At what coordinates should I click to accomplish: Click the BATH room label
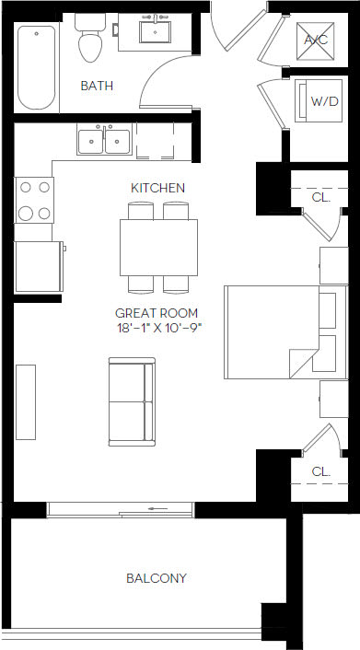click(97, 86)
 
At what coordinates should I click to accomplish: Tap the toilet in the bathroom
click(91, 42)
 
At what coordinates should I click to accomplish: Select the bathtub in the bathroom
click(37, 67)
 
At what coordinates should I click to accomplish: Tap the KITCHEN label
click(157, 188)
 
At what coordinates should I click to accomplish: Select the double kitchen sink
click(104, 141)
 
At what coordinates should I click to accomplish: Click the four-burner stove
click(34, 200)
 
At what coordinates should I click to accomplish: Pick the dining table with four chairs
click(157, 247)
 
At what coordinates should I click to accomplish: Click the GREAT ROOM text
click(157, 313)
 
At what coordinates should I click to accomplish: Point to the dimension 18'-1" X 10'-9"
click(158, 328)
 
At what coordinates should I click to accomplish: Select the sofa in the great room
click(131, 402)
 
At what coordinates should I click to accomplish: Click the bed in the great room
click(276, 332)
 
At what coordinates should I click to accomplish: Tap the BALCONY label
click(156, 578)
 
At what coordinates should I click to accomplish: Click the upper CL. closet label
click(320, 196)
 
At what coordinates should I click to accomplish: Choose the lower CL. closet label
click(320, 471)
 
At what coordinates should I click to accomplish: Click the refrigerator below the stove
click(37, 267)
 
